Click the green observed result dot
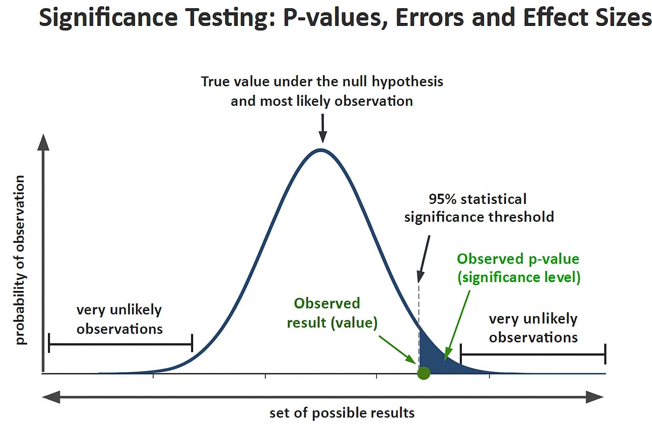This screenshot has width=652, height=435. coord(424,373)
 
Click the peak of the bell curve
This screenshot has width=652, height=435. coord(321,150)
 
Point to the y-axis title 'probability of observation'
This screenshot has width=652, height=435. coord(20,260)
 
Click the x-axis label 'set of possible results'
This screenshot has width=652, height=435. coord(342,413)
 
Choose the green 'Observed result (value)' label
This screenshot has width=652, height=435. coord(332,313)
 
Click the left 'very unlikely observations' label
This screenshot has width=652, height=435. coord(119,319)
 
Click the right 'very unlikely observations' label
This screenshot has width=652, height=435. coord(533,328)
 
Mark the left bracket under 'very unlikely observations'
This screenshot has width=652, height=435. coord(121,343)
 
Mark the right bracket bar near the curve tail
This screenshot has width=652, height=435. coord(533,354)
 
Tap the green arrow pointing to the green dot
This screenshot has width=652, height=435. coord(397,350)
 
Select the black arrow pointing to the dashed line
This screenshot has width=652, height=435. coord(424,259)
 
